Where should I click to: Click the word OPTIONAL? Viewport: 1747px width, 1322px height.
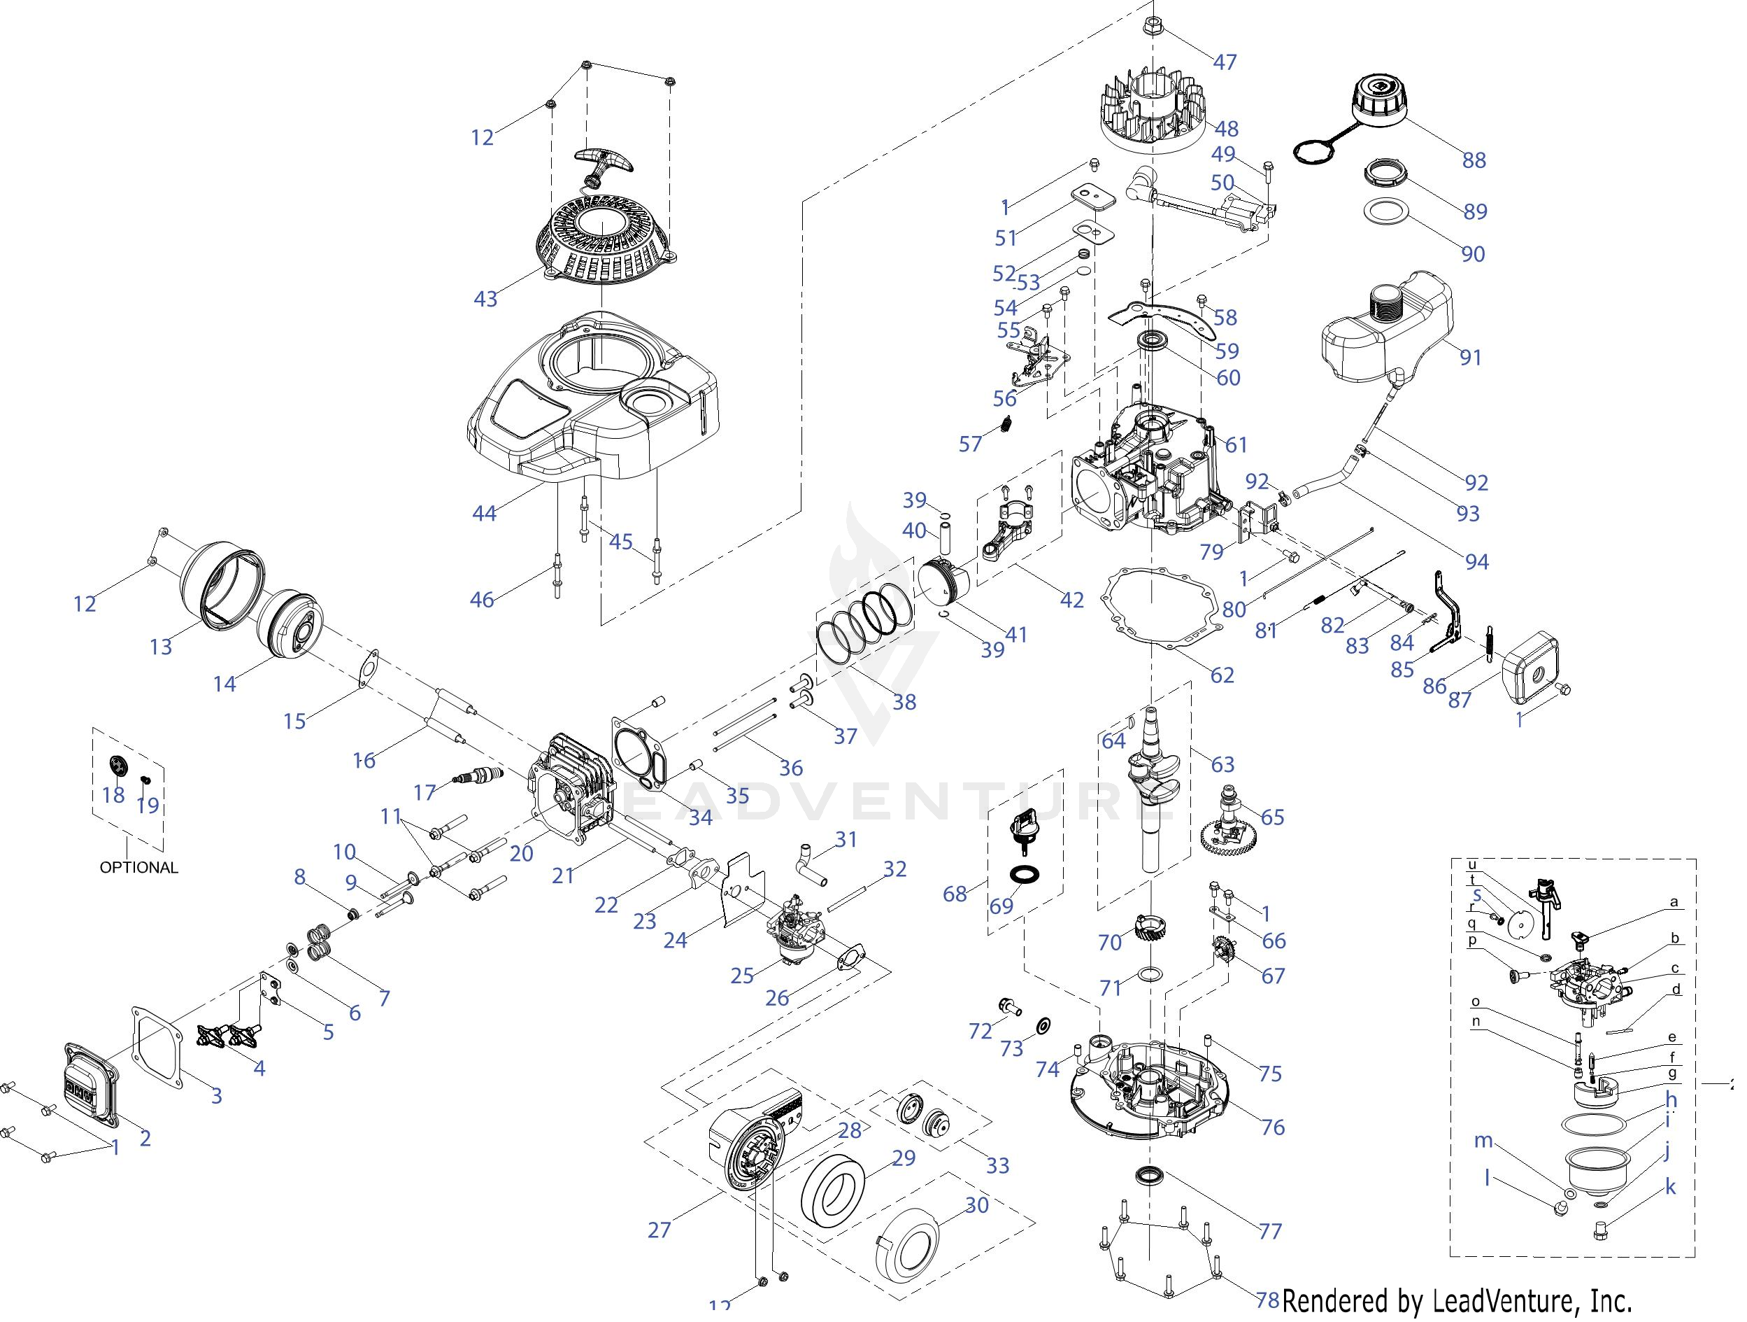pos(139,868)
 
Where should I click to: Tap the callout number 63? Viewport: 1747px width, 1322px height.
pos(1222,764)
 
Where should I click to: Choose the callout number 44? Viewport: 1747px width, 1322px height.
pos(484,514)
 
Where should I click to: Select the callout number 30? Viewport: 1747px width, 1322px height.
pos(977,1205)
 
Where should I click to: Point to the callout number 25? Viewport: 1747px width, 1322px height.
pos(741,975)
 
